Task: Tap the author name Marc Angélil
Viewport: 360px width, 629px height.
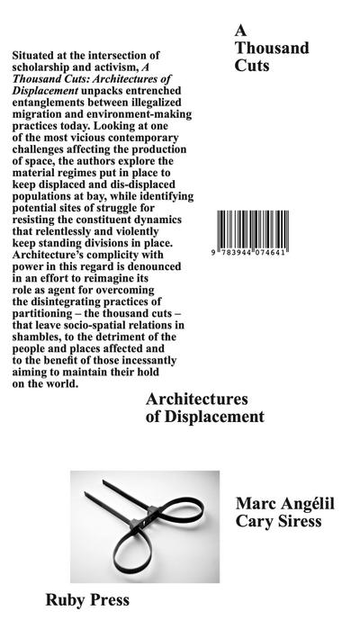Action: (x=283, y=504)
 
